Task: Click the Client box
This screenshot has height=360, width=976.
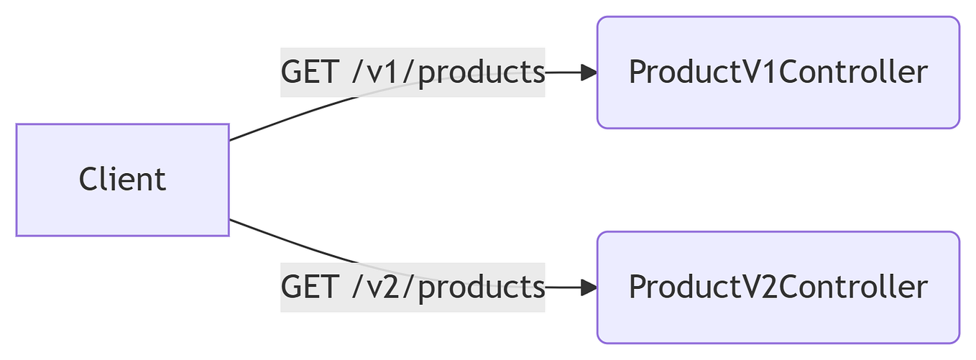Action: [122, 180]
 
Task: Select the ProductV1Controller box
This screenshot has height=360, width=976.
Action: [778, 73]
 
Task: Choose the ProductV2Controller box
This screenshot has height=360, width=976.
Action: [778, 287]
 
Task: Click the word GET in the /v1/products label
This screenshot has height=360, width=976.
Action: [308, 73]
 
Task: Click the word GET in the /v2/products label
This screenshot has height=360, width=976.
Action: [308, 287]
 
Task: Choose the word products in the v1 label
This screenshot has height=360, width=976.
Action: [481, 73]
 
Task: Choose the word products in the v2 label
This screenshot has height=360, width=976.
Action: [481, 287]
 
